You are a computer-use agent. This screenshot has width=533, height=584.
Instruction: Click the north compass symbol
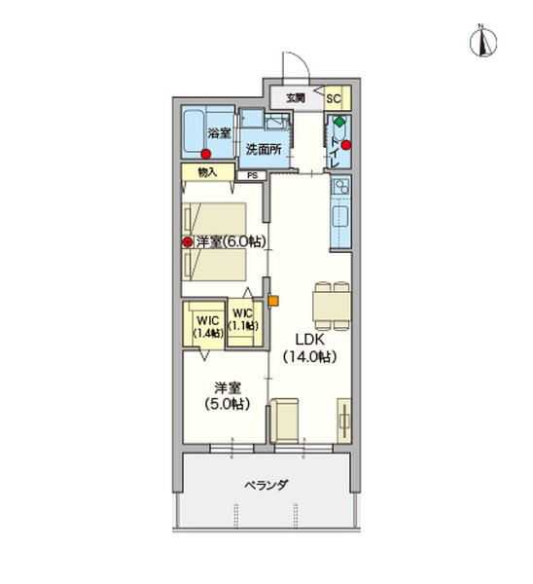click(483, 42)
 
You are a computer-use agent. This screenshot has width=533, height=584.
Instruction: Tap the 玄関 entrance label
click(296, 98)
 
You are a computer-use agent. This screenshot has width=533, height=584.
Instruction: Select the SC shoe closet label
click(334, 98)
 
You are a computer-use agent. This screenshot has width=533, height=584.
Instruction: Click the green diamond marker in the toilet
click(339, 122)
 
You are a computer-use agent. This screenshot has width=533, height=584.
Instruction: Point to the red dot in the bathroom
click(205, 154)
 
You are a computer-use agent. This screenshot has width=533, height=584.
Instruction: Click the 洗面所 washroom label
click(264, 149)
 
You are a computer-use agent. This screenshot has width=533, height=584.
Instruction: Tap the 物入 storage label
click(208, 172)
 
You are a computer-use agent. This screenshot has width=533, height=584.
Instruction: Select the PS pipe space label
click(252, 175)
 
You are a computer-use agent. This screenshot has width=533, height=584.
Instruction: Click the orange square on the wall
click(273, 301)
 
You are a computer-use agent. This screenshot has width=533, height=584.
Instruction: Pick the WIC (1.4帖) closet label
click(208, 326)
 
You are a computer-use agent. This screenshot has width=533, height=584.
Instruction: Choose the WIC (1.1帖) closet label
click(243, 319)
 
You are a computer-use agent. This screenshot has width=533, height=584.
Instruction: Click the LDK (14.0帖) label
click(310, 348)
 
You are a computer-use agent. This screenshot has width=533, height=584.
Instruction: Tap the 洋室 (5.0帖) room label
click(227, 395)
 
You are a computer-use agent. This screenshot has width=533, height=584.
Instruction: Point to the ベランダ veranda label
click(266, 485)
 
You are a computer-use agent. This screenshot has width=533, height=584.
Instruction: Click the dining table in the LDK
click(332, 307)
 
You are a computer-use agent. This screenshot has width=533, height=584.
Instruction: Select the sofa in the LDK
click(284, 420)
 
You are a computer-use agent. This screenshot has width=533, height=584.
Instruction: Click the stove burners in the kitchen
click(340, 187)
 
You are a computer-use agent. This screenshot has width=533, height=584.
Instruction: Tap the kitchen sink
click(339, 217)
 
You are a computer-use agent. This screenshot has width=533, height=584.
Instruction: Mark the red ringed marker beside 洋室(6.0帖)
click(187, 242)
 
